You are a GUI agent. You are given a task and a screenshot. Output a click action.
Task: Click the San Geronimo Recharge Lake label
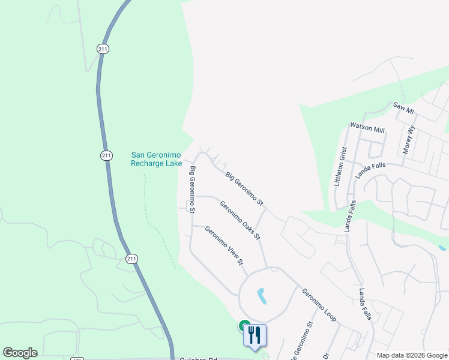156,158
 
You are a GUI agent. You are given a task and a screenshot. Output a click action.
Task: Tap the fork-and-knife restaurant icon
255,335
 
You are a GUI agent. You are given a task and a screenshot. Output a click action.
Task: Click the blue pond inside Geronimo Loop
262,295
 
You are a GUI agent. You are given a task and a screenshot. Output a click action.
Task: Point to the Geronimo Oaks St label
240,220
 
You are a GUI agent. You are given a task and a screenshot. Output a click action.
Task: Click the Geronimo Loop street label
319,305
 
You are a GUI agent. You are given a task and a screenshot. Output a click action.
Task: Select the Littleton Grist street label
340,166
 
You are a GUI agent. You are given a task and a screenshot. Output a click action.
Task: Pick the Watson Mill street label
367,127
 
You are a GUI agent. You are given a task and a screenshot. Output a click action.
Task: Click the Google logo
20,353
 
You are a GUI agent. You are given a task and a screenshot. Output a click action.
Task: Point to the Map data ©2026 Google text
411,355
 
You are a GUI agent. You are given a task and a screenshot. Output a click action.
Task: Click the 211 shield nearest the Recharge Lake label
107,156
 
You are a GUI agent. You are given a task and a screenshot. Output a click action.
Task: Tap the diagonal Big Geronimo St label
244,188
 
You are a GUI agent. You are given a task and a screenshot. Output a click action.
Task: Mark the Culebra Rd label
198,358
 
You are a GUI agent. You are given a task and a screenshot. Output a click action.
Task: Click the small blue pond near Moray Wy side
442,247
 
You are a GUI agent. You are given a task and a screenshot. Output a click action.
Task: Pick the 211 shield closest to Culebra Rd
132,259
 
